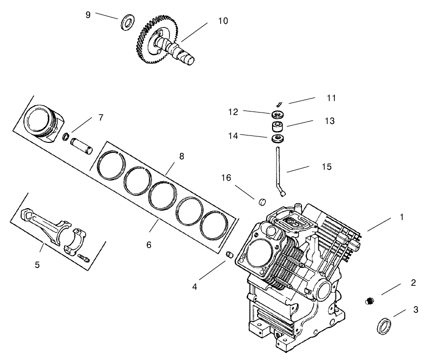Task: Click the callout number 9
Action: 88,15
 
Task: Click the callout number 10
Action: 223,21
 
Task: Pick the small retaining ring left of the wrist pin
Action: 66,136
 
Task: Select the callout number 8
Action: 181,156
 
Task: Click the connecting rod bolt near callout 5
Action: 83,257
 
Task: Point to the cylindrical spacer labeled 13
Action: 278,124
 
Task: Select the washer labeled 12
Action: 279,113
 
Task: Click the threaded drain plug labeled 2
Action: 369,301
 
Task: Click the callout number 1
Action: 402,218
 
